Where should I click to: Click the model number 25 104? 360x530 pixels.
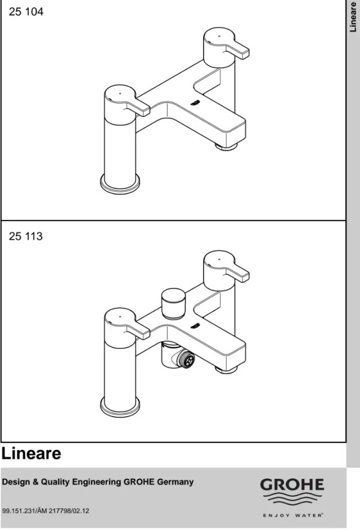point(26,12)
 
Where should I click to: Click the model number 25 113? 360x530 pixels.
point(26,236)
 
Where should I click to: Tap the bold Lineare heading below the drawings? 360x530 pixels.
point(31,453)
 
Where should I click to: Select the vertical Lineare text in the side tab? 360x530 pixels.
point(353,17)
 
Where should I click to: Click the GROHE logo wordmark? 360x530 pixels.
point(292,485)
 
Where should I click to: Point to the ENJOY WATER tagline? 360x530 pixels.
point(292,515)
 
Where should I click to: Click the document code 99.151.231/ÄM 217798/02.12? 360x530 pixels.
point(46,511)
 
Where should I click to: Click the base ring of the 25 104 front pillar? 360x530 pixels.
point(120,184)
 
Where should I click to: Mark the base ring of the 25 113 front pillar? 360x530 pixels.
point(120,407)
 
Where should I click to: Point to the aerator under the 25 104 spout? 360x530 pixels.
point(227,147)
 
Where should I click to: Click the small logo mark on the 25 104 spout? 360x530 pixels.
point(195,102)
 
